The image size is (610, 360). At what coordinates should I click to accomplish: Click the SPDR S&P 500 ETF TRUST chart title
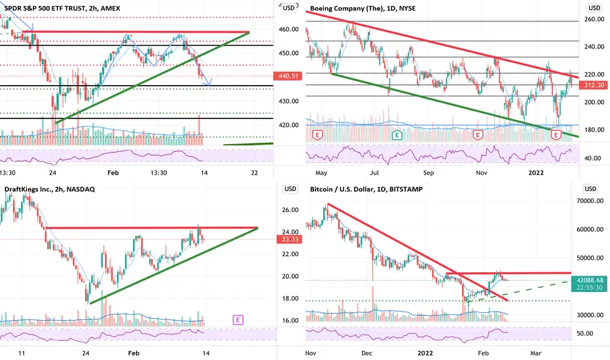[62, 8]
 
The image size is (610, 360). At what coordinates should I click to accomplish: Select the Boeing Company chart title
[363, 8]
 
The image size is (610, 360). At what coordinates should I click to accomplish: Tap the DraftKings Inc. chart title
[50, 189]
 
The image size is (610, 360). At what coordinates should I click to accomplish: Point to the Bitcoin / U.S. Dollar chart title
[366, 189]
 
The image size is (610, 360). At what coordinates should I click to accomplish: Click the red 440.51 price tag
[288, 76]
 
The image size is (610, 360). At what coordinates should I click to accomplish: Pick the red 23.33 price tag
[290, 239]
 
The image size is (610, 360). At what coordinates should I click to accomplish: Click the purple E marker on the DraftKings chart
[238, 320]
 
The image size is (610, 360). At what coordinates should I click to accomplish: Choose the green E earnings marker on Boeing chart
[397, 135]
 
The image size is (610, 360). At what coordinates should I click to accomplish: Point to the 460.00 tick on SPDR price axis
[289, 29]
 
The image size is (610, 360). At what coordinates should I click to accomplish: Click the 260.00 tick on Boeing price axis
[594, 19]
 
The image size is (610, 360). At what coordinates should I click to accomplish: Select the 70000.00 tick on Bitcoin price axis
[590, 201]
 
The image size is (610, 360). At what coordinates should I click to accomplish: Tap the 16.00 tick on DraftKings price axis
[290, 321]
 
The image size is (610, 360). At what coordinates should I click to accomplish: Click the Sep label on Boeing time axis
[428, 173]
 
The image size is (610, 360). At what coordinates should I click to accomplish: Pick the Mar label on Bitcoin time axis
[535, 353]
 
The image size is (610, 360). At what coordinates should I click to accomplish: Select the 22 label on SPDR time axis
[255, 173]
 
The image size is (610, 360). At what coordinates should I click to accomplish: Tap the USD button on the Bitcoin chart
[590, 189]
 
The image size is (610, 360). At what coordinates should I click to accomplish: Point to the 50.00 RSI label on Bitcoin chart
[584, 334]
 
